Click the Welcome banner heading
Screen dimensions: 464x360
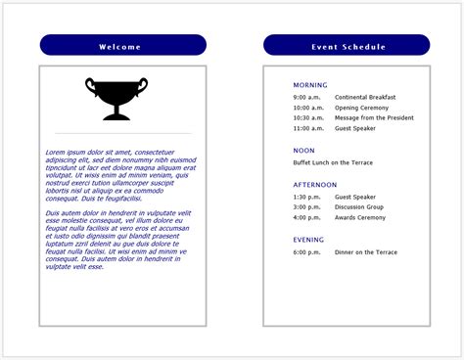pos(122,46)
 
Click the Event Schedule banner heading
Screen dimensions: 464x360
pos(348,46)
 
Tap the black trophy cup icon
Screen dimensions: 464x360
pos(116,98)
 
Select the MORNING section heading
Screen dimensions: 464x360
pos(310,85)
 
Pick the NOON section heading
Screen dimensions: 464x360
pos(303,151)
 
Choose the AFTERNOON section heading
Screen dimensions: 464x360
pos(314,184)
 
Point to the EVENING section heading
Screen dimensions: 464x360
pos(308,239)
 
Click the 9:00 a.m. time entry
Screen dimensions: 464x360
pos(306,98)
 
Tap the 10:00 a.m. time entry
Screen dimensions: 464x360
pos(307,108)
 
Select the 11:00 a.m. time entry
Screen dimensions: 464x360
pos(307,128)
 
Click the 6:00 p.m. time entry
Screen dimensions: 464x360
pos(306,252)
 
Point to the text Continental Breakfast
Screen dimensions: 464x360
pos(365,98)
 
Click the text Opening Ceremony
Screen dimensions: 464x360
pos(360,108)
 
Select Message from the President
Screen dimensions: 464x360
pos(374,117)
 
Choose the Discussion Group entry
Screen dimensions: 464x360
pos(358,207)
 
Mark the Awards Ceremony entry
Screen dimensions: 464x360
pos(360,218)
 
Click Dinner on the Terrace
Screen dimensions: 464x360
pos(365,252)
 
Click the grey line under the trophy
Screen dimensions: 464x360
pos(122,132)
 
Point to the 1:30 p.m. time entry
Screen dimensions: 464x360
pos(306,197)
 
